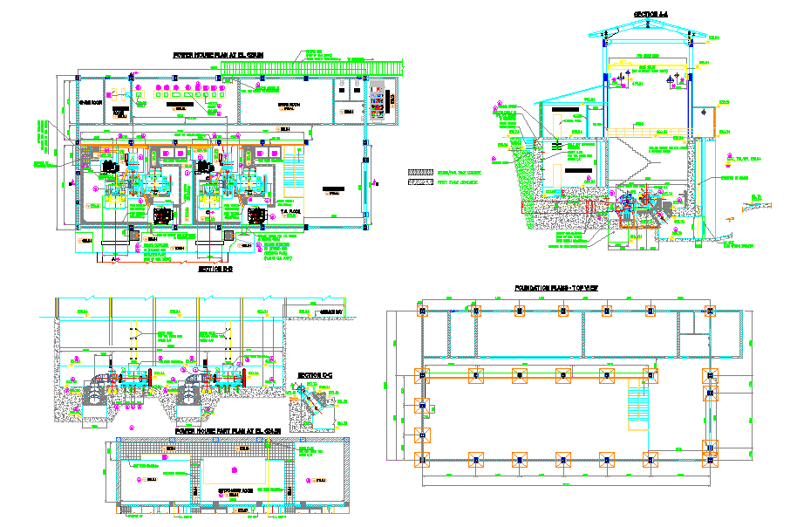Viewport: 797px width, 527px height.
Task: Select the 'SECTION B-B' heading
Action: (x=215, y=270)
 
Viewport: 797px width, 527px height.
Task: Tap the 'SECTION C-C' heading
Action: (x=315, y=376)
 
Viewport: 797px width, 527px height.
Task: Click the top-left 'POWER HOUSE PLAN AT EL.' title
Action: (x=219, y=54)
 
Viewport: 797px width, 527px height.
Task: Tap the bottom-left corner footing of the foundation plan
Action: (x=425, y=459)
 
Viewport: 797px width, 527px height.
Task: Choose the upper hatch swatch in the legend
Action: (x=421, y=173)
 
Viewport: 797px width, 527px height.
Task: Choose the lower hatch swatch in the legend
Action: (x=421, y=183)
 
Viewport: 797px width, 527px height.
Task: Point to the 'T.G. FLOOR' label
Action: (x=290, y=211)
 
